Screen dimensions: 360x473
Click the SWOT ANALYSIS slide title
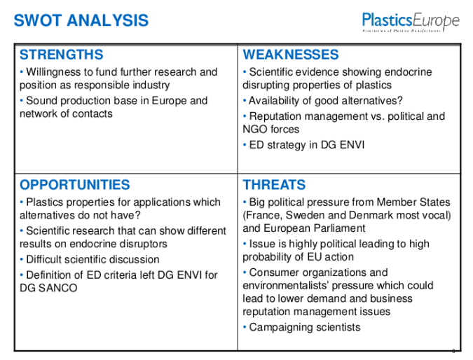point(81,20)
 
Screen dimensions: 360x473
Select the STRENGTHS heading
point(62,55)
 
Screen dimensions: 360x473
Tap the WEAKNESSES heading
point(290,55)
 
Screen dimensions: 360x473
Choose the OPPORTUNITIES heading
point(75,185)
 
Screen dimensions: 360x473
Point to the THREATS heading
point(274,185)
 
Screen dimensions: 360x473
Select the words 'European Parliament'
point(315,228)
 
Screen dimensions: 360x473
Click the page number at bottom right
point(453,350)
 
